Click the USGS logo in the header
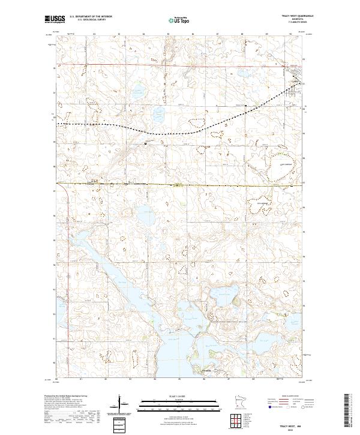click(x=55, y=19)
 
